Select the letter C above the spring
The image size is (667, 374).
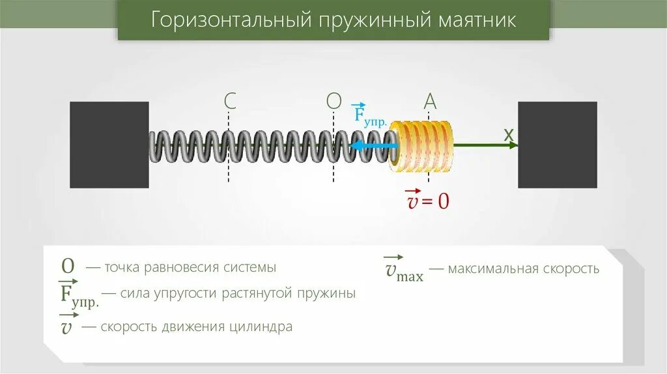[229, 101]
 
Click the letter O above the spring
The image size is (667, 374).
[333, 101]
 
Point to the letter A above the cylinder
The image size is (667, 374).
[430, 101]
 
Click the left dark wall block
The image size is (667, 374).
[109, 145]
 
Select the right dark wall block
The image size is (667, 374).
[557, 145]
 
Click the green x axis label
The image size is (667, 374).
[509, 134]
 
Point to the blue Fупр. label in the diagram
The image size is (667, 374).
[369, 115]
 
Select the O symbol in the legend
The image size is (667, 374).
[68, 266]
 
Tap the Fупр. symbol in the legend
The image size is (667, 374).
[79, 294]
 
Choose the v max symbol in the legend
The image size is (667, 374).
[404, 270]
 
